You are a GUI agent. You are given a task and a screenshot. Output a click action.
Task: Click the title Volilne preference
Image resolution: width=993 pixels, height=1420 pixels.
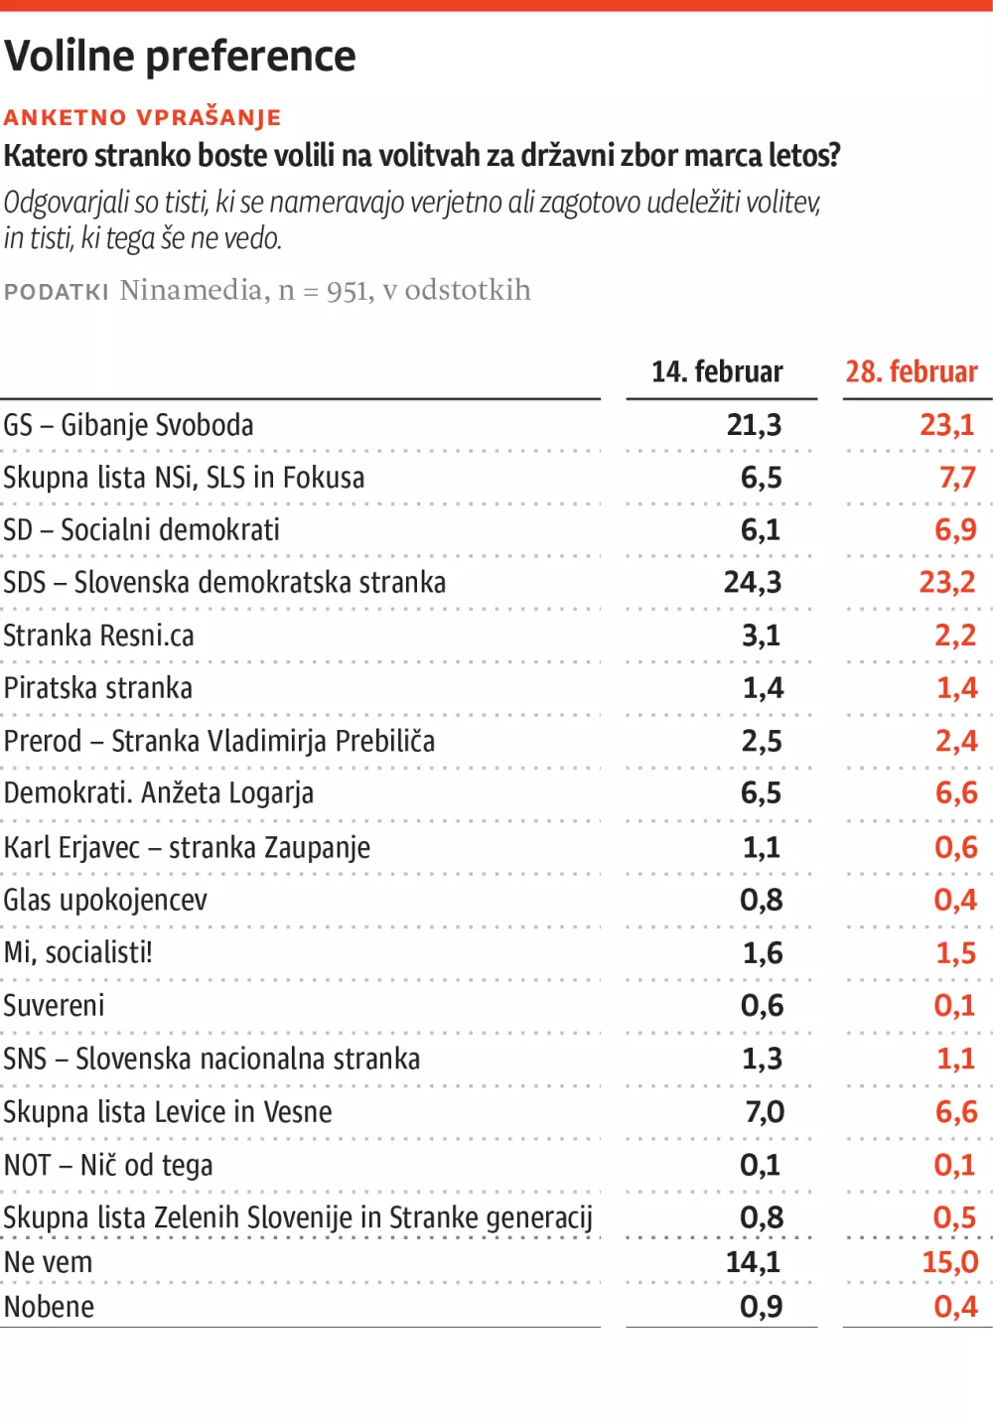tap(180, 57)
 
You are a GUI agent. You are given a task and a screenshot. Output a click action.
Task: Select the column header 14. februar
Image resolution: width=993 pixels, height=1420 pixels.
tap(717, 371)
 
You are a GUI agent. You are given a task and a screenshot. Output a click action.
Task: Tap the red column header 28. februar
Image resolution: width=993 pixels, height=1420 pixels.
tap(912, 371)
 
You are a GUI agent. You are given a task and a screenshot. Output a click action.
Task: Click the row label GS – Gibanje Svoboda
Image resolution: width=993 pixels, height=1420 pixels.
tap(129, 425)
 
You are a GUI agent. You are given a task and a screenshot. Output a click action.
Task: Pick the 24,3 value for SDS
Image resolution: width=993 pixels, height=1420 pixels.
tap(753, 582)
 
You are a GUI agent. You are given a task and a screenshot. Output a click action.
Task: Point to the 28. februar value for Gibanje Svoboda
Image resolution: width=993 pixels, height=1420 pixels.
tap(947, 425)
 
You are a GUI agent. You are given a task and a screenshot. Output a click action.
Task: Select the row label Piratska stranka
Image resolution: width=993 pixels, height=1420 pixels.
tap(98, 687)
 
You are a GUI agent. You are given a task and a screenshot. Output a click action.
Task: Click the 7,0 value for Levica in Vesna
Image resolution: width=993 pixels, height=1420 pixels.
tap(765, 1111)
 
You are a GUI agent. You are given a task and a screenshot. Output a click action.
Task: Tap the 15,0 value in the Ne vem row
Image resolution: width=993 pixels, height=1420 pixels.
tap(950, 1262)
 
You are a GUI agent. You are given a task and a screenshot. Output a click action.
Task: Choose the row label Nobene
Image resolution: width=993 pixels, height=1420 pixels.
tap(50, 1307)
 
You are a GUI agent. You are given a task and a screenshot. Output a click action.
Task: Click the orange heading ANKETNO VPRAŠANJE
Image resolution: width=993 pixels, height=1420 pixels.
tap(143, 117)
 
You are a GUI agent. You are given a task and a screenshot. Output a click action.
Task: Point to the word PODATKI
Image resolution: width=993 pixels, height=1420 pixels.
tap(57, 292)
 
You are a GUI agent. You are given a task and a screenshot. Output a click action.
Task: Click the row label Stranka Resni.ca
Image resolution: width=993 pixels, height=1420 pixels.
tap(99, 636)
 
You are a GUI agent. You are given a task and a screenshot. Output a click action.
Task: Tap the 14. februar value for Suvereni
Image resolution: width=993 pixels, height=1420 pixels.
tap(762, 1005)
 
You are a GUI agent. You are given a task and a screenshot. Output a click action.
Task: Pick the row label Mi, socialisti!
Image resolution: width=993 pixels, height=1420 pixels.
tap(78, 952)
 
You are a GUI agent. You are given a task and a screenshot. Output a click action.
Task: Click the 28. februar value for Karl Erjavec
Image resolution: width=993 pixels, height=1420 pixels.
tap(955, 847)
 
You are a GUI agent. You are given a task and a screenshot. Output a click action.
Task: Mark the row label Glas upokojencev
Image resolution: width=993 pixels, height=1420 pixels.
tap(106, 900)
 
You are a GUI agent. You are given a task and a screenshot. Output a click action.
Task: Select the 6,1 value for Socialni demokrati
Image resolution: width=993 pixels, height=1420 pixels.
tap(761, 529)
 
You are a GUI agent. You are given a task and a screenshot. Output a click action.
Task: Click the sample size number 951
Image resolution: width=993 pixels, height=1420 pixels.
tap(347, 291)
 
